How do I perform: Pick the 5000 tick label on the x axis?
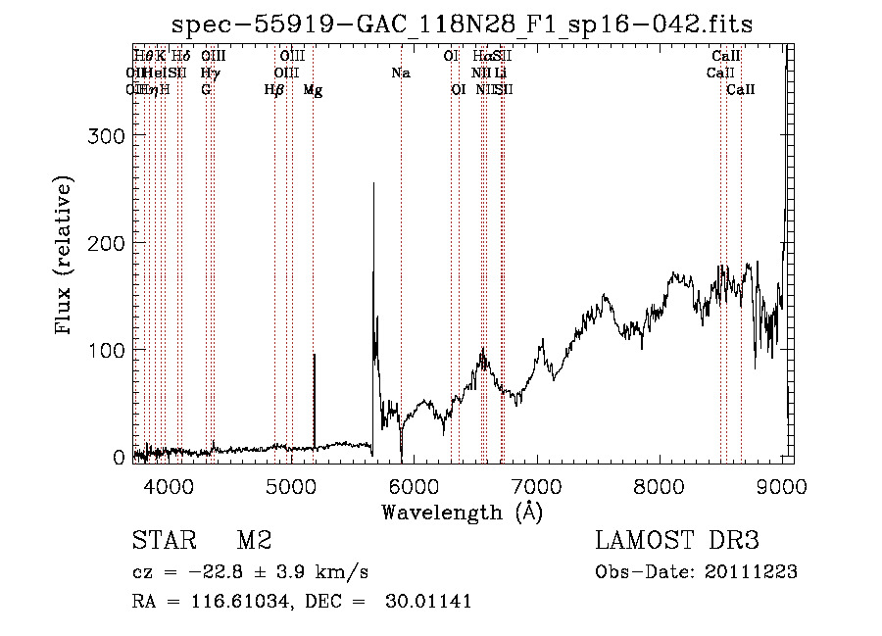point(290,483)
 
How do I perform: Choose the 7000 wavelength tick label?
point(536,483)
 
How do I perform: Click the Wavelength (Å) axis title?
point(462,512)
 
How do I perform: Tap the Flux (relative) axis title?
point(65,257)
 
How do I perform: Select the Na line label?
point(400,73)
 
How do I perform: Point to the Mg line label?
point(313,90)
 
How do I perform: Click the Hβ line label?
point(274,90)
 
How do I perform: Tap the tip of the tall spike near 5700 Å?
point(373,184)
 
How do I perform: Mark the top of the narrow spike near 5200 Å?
point(314,355)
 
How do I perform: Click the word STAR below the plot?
point(164,541)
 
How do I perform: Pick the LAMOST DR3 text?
point(677,541)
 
